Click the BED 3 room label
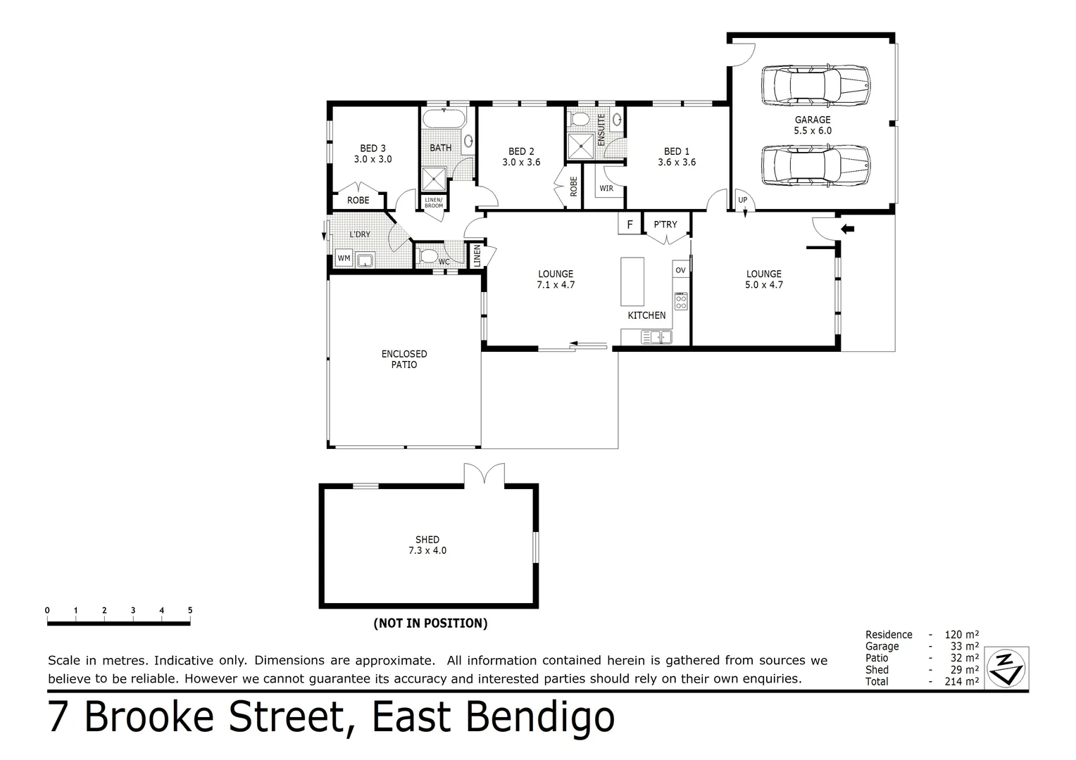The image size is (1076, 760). (x=373, y=153)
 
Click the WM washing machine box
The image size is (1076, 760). (x=344, y=258)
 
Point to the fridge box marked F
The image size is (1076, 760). (x=630, y=224)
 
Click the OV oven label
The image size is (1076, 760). (x=680, y=270)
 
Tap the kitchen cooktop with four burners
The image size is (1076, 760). (x=681, y=301)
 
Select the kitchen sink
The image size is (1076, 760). (x=656, y=337)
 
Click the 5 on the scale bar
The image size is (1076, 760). (x=190, y=610)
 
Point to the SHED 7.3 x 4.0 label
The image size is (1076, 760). (x=427, y=545)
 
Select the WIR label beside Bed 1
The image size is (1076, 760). (x=606, y=189)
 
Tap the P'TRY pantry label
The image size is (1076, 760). (x=665, y=224)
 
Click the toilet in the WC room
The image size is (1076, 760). (x=427, y=256)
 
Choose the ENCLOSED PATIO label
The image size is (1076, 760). (x=404, y=359)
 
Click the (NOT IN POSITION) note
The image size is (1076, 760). (x=430, y=623)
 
